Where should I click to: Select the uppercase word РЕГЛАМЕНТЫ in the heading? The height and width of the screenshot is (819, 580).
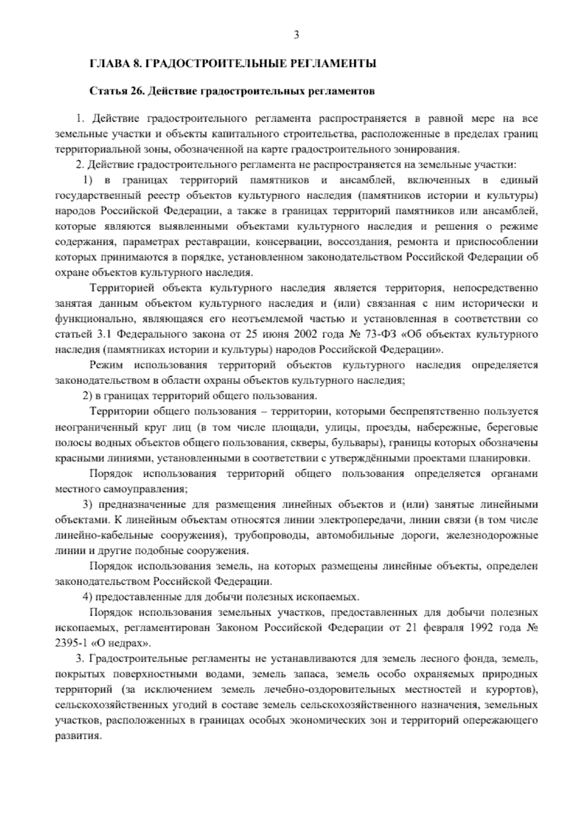336,64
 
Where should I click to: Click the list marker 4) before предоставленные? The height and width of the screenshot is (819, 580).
88,597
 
